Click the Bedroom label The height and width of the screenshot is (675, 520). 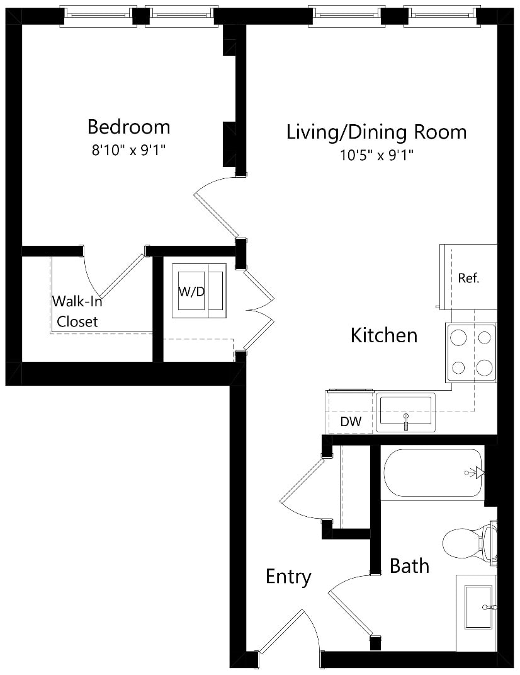[128, 127]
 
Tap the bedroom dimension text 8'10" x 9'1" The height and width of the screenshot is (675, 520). [128, 150]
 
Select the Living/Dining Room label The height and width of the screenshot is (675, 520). [376, 132]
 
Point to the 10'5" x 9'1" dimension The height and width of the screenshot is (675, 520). [376, 155]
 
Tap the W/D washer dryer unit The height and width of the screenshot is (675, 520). [199, 291]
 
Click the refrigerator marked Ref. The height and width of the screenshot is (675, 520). [468, 277]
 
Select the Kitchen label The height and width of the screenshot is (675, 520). [384, 335]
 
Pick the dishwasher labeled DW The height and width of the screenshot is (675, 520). [351, 412]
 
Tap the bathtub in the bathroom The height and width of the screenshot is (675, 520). [433, 473]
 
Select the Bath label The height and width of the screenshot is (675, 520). [409, 566]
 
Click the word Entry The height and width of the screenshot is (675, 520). [288, 577]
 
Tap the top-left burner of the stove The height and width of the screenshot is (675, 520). [458, 338]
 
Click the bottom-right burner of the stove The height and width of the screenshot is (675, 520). [484, 367]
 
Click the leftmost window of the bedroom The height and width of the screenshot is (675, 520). [98, 16]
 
